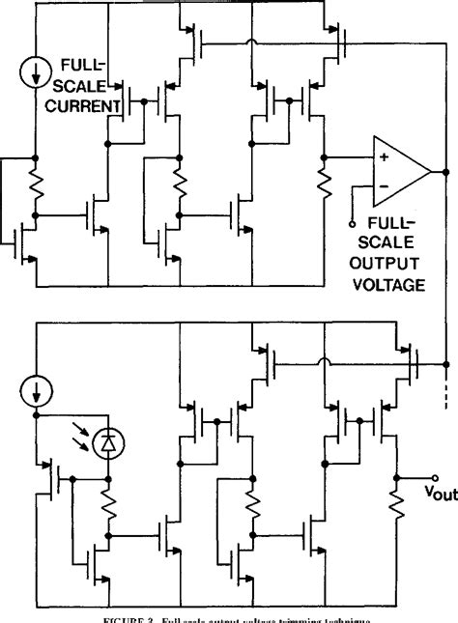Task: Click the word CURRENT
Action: point(81,102)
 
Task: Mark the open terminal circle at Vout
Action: point(436,477)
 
